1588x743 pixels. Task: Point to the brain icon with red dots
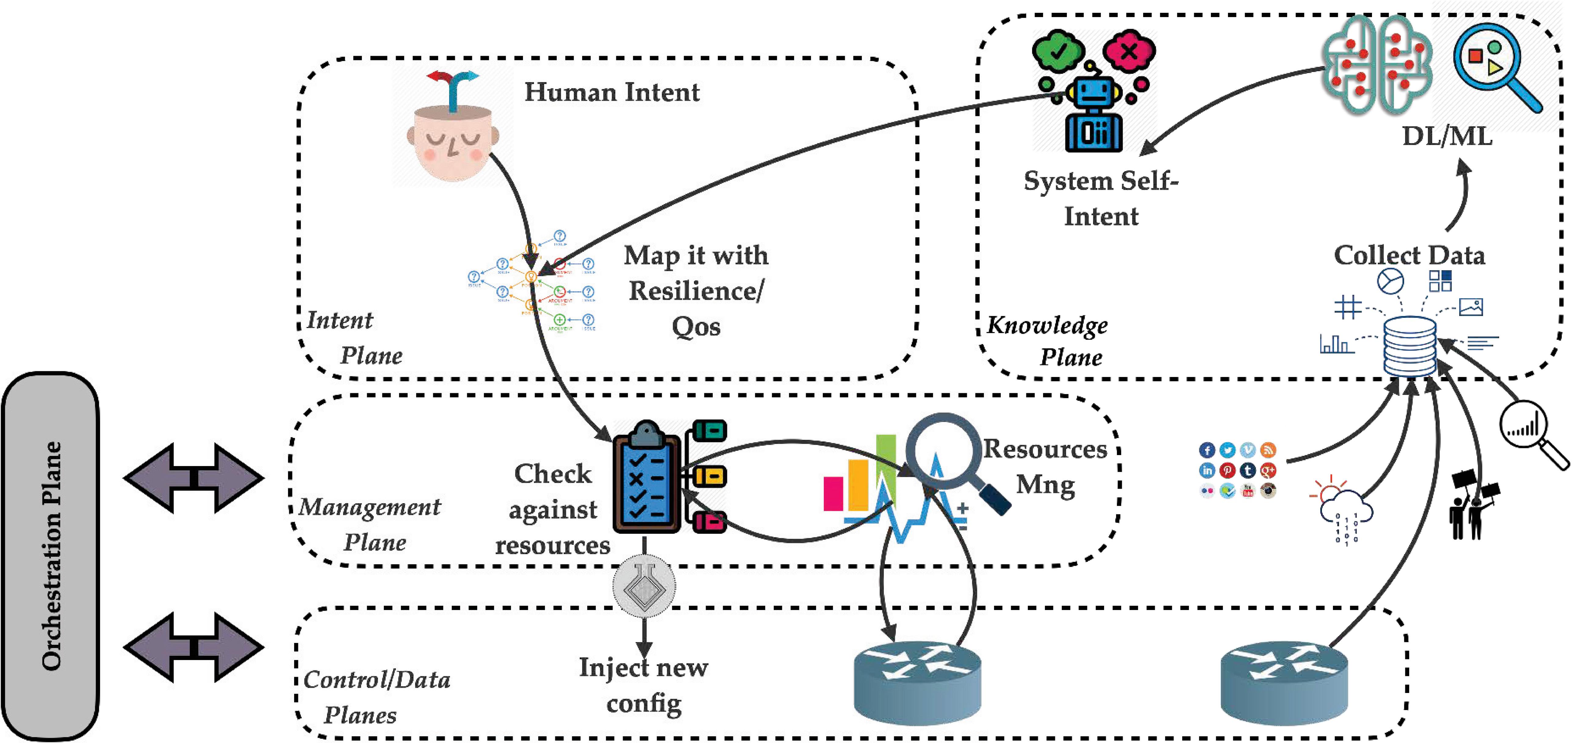[x=1376, y=65]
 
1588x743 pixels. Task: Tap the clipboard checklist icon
[x=646, y=477]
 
